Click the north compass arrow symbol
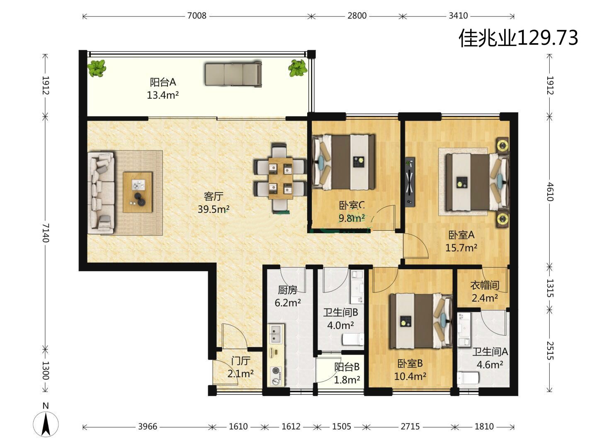(x=46, y=424)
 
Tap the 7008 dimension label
(x=197, y=16)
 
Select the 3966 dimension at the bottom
(x=148, y=426)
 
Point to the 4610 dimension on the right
(x=550, y=192)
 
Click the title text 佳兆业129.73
(x=518, y=38)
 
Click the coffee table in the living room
(x=138, y=192)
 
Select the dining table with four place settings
(x=280, y=178)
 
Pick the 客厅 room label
(x=214, y=196)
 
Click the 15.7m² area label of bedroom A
(x=461, y=248)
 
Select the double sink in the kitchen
(x=277, y=335)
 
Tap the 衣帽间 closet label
(x=485, y=285)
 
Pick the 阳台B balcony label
(x=347, y=367)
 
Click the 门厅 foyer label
(x=240, y=361)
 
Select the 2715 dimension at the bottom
(x=410, y=426)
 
